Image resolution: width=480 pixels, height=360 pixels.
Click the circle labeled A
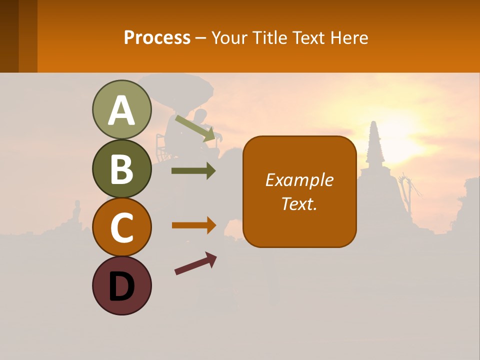pos(121,109)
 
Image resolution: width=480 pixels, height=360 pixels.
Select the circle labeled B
pos(121,168)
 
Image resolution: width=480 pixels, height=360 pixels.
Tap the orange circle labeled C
pos(121,227)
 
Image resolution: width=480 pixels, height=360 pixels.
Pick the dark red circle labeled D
pos(121,285)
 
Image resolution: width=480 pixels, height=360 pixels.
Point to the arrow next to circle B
pos(193,171)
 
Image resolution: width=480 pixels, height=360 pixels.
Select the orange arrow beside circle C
pos(193,225)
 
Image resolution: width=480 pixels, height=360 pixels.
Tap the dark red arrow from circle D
pos(195,263)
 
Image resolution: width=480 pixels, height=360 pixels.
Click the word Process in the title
pos(157,37)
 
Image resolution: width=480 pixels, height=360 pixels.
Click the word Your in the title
pos(229,37)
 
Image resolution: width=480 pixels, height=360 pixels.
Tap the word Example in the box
pos(299,180)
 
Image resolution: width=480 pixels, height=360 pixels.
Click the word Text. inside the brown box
pos(299,204)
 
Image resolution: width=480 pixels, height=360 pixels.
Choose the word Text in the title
pos(309,37)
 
